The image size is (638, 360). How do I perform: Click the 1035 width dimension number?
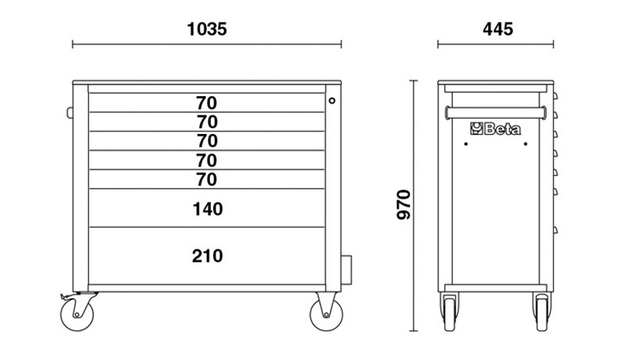(207, 29)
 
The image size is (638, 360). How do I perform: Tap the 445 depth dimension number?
(497, 29)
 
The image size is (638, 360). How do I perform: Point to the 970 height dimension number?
(404, 204)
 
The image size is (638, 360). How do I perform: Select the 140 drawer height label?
(208, 209)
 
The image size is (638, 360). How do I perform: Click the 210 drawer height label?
(208, 256)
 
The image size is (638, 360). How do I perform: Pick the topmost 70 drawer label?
(207, 103)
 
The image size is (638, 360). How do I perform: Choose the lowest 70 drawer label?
(207, 179)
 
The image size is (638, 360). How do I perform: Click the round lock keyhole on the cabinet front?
(332, 100)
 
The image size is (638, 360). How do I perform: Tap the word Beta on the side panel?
(502, 129)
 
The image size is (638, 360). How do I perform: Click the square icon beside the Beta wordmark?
(476, 128)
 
